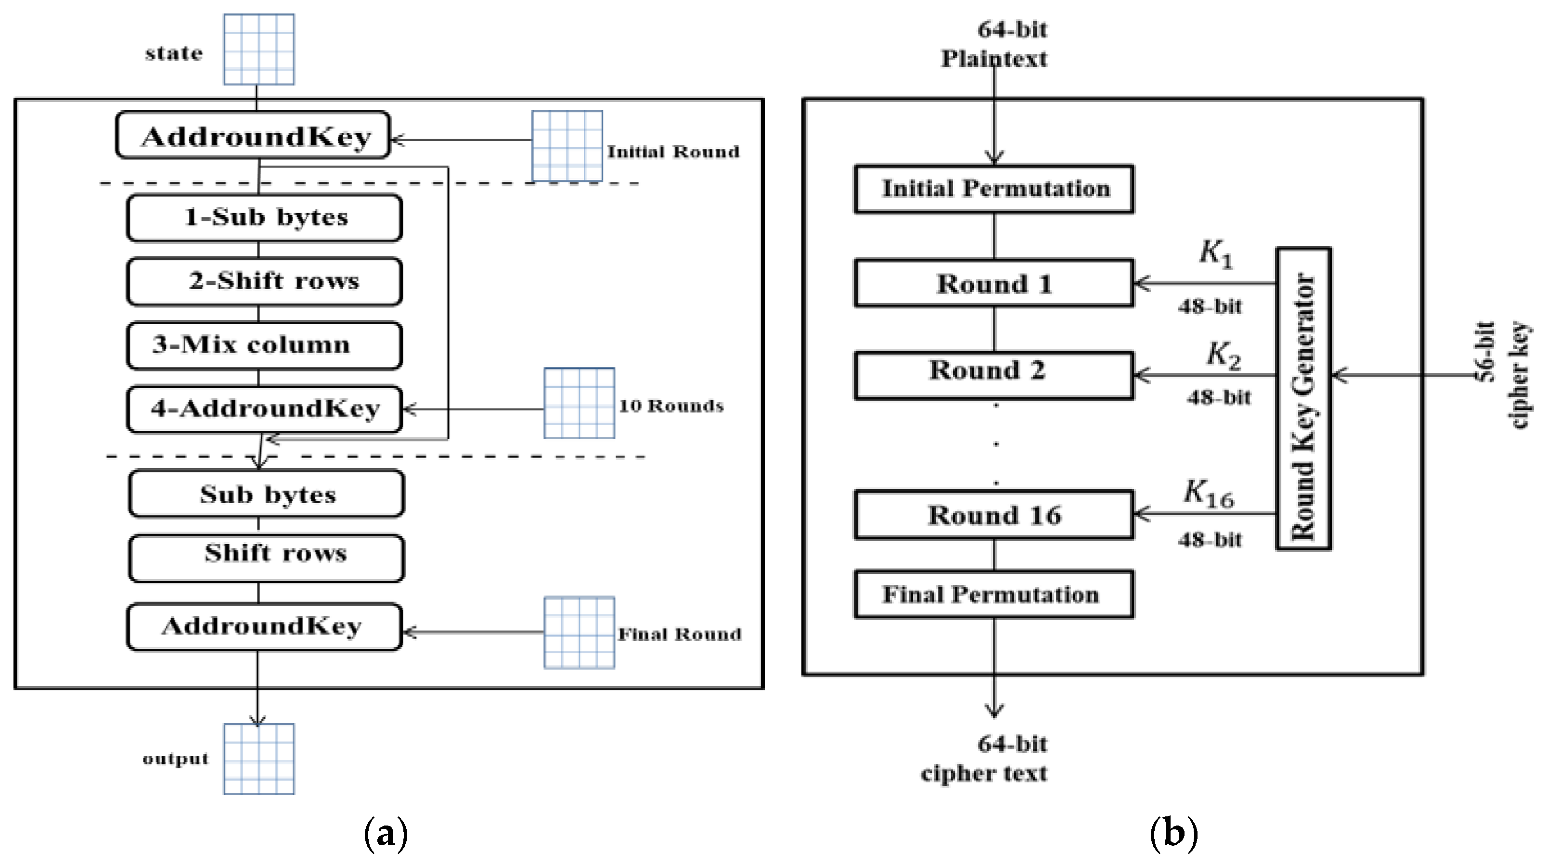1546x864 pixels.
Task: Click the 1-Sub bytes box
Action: pyautogui.click(x=264, y=217)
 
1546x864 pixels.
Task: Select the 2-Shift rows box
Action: pyautogui.click(x=264, y=281)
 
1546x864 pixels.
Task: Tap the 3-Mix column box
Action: pyautogui.click(x=264, y=345)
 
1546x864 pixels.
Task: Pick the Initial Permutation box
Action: pyautogui.click(x=994, y=189)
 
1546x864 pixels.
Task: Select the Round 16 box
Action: pyautogui.click(x=994, y=515)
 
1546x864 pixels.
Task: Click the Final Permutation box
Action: pyautogui.click(x=994, y=594)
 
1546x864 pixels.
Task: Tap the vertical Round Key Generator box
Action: pyautogui.click(x=1303, y=398)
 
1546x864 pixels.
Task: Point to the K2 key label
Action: pyautogui.click(x=1223, y=355)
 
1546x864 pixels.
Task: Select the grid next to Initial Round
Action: pyautogui.click(x=567, y=146)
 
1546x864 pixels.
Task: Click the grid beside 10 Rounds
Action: pyautogui.click(x=579, y=403)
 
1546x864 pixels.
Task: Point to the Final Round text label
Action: pyautogui.click(x=679, y=634)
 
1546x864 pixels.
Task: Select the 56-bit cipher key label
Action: pyautogui.click(x=1503, y=375)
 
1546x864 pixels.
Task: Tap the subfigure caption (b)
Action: pyautogui.click(x=1173, y=833)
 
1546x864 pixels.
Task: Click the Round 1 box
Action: pyautogui.click(x=994, y=283)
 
